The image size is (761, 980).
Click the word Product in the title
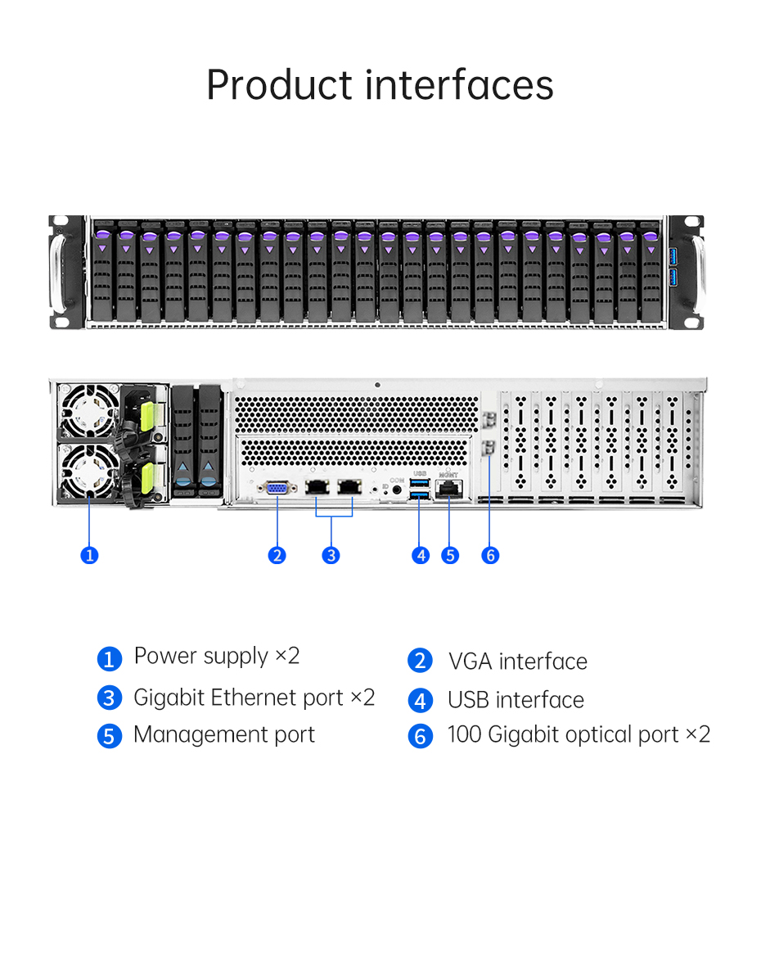coord(279,86)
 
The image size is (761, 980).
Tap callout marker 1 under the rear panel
coord(89,555)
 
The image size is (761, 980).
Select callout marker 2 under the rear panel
coord(277,555)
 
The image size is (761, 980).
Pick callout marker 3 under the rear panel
coord(331,555)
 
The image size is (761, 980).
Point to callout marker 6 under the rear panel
coord(490,555)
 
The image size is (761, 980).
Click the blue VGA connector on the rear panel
coord(277,487)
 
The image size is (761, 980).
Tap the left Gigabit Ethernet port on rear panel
coord(317,485)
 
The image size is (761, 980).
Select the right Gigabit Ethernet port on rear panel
coord(349,485)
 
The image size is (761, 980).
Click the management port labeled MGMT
coord(449,490)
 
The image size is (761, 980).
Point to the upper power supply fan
coord(88,411)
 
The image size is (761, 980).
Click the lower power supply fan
coord(89,471)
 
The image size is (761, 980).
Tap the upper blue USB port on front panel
coord(673,256)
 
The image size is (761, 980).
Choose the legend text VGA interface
coord(518,662)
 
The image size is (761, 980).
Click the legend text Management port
coord(224,735)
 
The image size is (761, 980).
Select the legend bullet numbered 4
coord(421,700)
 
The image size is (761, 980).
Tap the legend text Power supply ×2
coord(217,657)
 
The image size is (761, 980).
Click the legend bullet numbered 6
coord(421,736)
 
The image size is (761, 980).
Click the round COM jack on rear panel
coord(396,490)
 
